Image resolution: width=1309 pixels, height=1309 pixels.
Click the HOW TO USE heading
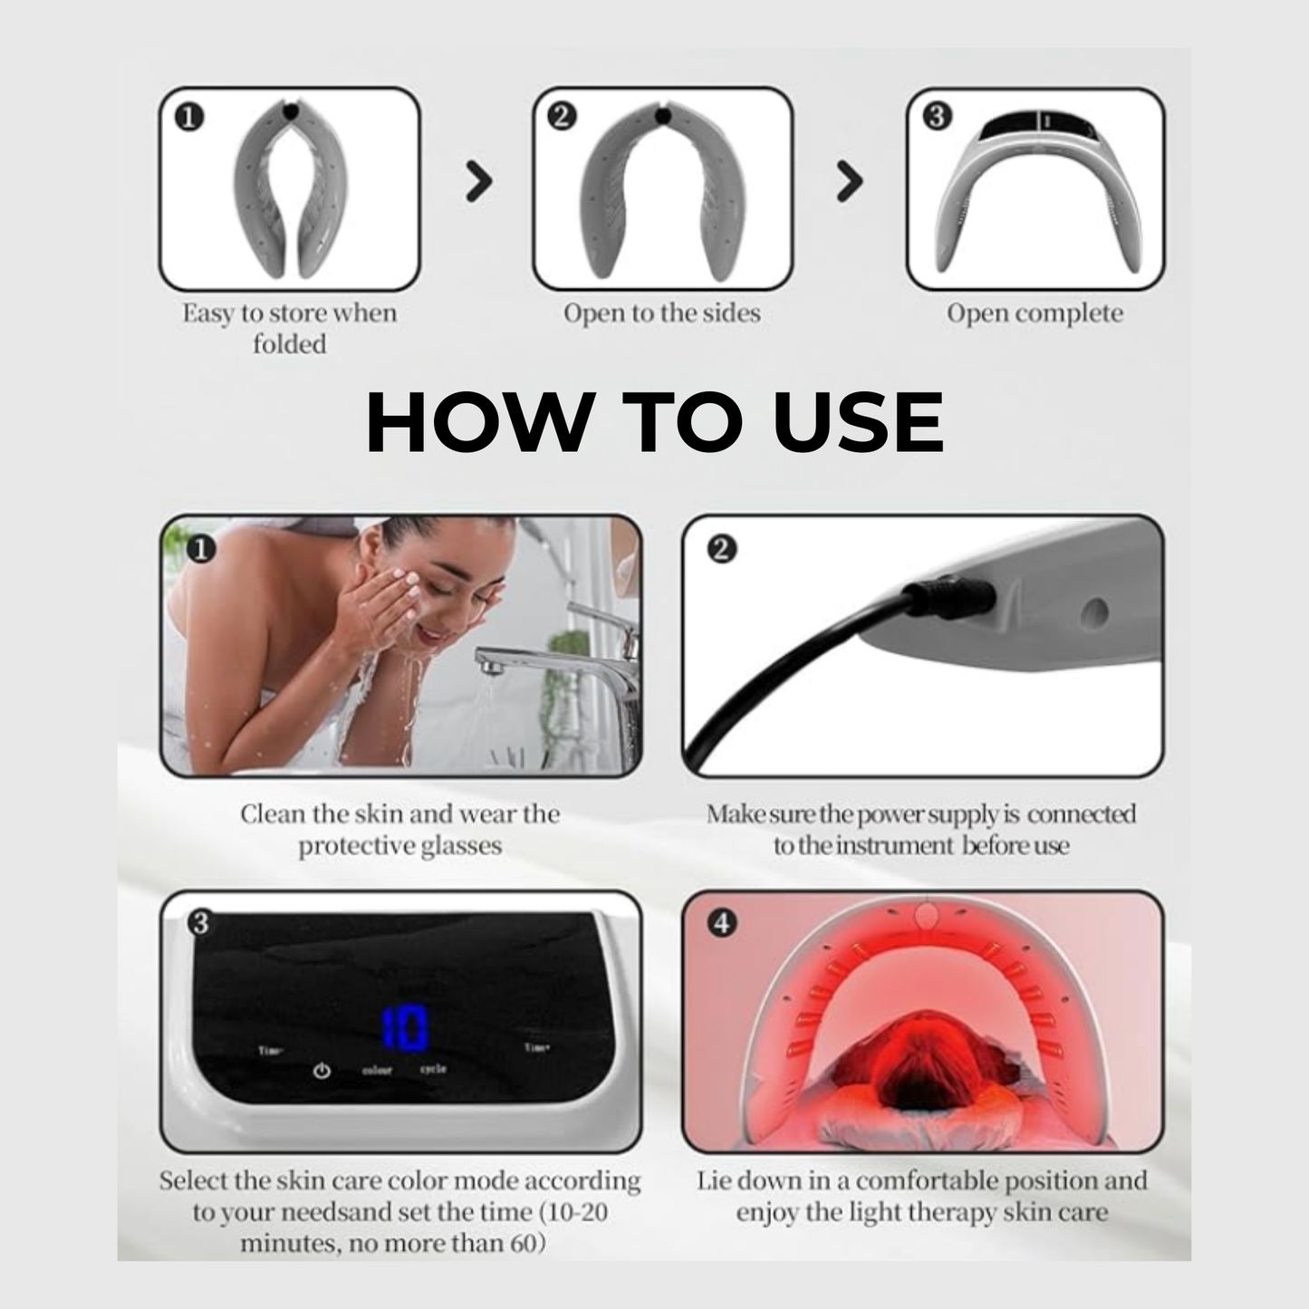654,422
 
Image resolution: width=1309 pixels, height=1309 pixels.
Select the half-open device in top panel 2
662,190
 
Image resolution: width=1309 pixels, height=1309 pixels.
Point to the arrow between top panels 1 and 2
478,181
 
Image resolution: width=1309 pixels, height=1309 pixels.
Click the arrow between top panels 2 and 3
849,181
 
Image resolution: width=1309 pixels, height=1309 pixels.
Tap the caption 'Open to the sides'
661,313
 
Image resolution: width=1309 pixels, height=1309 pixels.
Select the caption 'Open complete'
1035,313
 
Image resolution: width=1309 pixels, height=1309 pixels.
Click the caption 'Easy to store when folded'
289,328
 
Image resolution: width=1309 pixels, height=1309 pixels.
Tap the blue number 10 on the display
404,1029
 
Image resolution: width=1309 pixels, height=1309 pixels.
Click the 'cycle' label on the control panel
433,1069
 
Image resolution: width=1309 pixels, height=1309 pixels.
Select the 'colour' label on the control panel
377,1071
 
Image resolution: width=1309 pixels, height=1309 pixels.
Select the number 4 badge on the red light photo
722,923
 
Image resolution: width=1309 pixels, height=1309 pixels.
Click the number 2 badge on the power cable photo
722,549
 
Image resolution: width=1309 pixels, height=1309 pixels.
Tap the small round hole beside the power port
1094,612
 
